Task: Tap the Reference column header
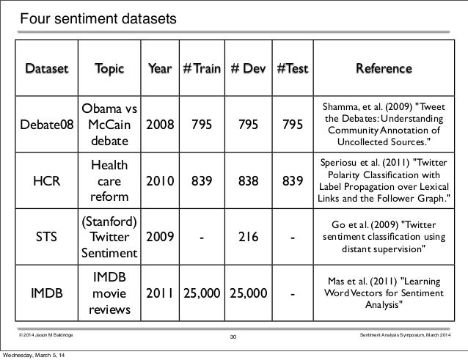pyautogui.click(x=384, y=70)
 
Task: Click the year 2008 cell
pyautogui.click(x=160, y=125)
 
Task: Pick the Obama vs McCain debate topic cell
pyautogui.click(x=109, y=125)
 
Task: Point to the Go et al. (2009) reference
pyautogui.click(x=384, y=238)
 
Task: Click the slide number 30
pyautogui.click(x=234, y=337)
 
